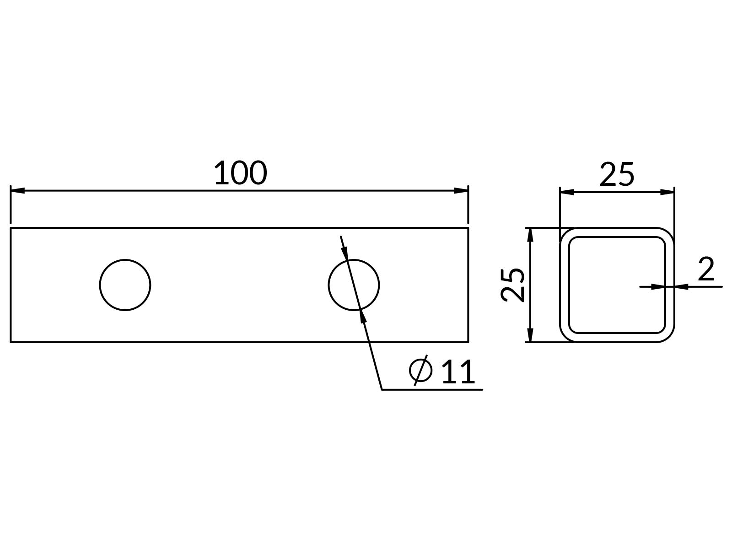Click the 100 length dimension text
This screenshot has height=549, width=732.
click(241, 172)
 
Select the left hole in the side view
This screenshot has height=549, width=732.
click(125, 285)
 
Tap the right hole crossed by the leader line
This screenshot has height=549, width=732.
click(354, 285)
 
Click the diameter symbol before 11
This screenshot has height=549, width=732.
click(420, 370)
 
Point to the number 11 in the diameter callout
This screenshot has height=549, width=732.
click(458, 371)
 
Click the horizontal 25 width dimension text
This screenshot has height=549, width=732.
click(617, 174)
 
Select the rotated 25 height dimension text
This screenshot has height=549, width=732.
click(512, 285)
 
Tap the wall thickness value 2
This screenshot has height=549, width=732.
click(706, 269)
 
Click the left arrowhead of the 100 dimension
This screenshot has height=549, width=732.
click(18, 191)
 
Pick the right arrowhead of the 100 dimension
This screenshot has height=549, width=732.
click(461, 191)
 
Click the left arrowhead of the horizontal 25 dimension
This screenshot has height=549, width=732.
click(567, 192)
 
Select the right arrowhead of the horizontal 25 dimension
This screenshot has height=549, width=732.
click(667, 192)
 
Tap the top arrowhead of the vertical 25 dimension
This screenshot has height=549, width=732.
click(530, 235)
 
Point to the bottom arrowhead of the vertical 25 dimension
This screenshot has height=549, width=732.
click(530, 335)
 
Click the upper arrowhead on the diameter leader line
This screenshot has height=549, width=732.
click(345, 253)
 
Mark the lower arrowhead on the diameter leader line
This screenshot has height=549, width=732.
click(363, 317)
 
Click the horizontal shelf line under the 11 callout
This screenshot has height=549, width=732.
click(432, 389)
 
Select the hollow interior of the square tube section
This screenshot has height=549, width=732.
click(617, 285)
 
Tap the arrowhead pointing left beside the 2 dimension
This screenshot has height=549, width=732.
click(681, 287)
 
